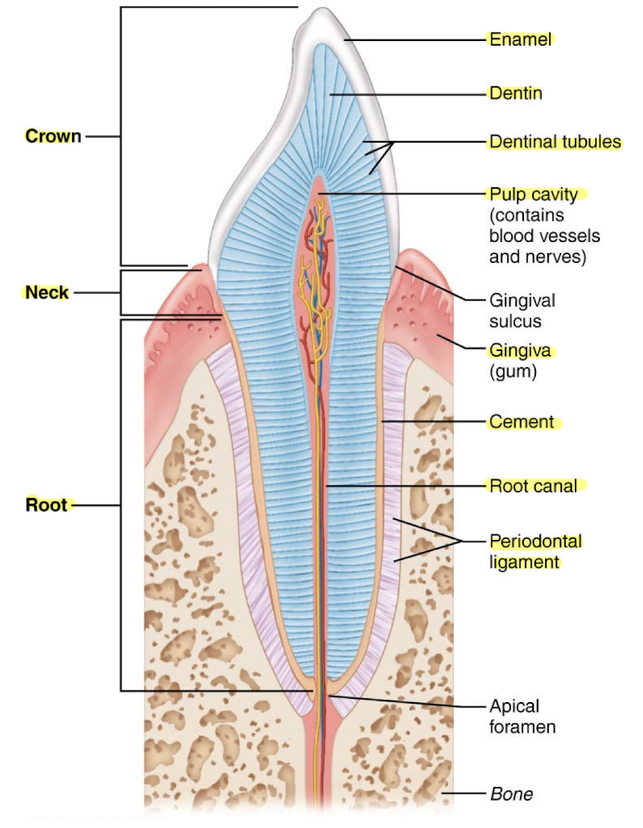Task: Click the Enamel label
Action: (520, 39)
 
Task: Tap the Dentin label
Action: (516, 94)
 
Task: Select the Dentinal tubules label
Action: (554, 142)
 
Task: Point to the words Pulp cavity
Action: (534, 194)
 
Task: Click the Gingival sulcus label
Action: (522, 310)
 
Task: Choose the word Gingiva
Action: (520, 351)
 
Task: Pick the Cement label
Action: (522, 422)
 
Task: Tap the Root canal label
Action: (533, 485)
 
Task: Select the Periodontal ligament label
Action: (535, 551)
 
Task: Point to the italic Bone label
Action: (511, 794)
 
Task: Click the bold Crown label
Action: (53, 136)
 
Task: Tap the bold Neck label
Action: (47, 292)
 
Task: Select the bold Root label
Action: (47, 505)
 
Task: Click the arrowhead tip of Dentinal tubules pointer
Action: (394, 143)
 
